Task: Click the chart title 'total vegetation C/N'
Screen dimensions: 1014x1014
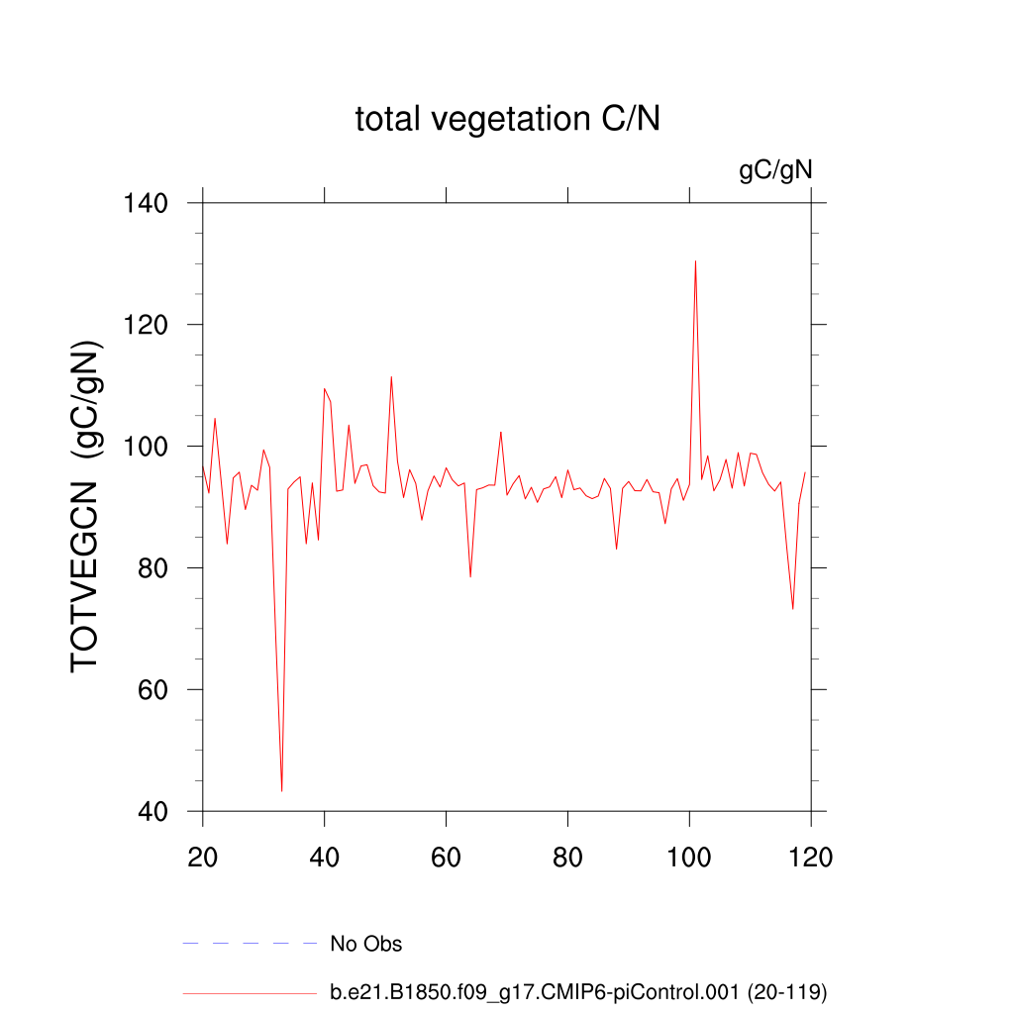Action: (x=507, y=120)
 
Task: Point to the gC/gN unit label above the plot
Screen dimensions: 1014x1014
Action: (x=775, y=170)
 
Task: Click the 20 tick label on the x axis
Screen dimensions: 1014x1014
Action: (x=203, y=857)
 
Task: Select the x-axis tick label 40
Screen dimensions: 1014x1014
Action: (x=325, y=857)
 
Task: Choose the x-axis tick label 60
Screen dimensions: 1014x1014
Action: (x=447, y=857)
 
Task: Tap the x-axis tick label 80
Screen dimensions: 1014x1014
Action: (x=568, y=857)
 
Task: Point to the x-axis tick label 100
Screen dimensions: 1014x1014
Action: (x=689, y=857)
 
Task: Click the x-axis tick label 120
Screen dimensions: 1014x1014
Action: (x=811, y=857)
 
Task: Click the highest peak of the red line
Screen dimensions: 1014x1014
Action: (x=695, y=261)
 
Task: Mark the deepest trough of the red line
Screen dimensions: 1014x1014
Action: (x=282, y=790)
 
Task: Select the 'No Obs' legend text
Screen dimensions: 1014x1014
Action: (x=366, y=944)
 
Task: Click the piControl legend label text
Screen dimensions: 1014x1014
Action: (x=578, y=991)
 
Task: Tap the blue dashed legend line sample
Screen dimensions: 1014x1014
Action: (x=250, y=944)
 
